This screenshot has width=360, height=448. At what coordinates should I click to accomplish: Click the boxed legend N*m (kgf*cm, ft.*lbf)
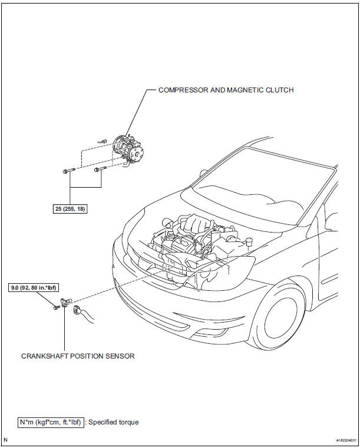coord(51,422)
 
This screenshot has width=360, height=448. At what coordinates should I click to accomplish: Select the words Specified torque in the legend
coord(114,422)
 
